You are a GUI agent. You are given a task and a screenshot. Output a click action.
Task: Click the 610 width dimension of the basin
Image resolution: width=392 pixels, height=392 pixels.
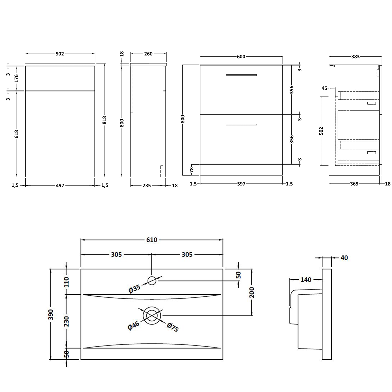point(152,240)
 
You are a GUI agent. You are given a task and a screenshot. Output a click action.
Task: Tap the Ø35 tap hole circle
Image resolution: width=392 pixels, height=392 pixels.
point(152,281)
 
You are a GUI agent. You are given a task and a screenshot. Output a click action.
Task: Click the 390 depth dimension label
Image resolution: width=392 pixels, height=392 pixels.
point(51,314)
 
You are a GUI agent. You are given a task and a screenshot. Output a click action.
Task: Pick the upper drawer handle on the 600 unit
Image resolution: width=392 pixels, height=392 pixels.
point(241,75)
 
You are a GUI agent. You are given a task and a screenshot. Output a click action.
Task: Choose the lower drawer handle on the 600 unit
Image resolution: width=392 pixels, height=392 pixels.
point(241,124)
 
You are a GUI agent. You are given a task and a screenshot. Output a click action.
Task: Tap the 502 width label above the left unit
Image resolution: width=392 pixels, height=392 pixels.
point(60,54)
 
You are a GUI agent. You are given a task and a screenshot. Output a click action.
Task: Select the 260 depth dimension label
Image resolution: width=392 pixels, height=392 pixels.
point(148,54)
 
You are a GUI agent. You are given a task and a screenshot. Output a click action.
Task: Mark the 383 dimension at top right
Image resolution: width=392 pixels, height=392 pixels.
point(355,56)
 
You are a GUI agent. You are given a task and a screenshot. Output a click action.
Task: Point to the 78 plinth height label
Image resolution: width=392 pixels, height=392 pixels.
point(192,169)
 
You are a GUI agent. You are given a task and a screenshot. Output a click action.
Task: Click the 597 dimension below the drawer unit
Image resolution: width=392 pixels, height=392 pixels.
point(241,184)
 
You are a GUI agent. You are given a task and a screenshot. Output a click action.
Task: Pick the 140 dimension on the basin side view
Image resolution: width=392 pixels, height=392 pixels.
point(306,280)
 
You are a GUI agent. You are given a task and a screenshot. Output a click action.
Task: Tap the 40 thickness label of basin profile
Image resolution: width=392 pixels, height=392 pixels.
point(344,258)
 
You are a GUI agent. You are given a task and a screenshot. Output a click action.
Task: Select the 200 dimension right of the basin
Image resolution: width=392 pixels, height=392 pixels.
point(252,292)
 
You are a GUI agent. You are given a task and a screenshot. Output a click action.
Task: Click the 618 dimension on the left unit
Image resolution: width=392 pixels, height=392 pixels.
point(16,134)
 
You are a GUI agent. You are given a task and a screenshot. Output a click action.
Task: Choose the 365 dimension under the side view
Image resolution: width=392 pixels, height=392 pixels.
point(354,184)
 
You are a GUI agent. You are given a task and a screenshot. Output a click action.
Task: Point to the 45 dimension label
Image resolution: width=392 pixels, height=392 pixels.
point(324,88)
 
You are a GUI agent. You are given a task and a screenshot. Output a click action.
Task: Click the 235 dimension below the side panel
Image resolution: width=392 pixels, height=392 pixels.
point(147,185)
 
